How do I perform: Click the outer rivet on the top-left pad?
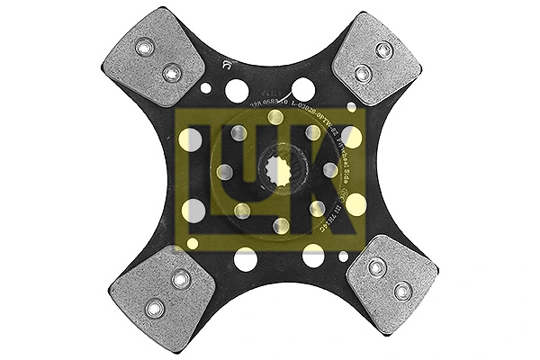pos(143,47)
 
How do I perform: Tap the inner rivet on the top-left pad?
pos(170,70)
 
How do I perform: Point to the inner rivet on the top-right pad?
pos(362,72)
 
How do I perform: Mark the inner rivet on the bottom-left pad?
pos(181,282)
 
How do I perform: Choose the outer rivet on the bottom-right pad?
pos(402,289)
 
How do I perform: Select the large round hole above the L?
pos(237,90)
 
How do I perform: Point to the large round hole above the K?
pos(304,88)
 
